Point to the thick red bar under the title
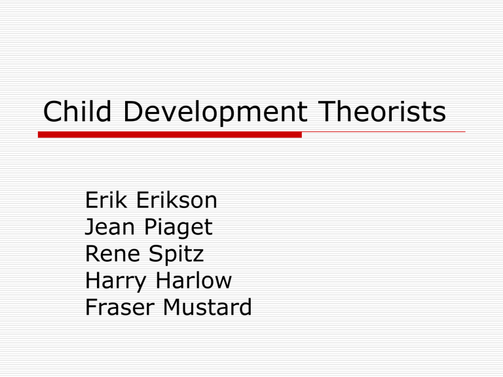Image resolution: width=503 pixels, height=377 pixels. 170,134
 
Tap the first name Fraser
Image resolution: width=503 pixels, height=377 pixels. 119,308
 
